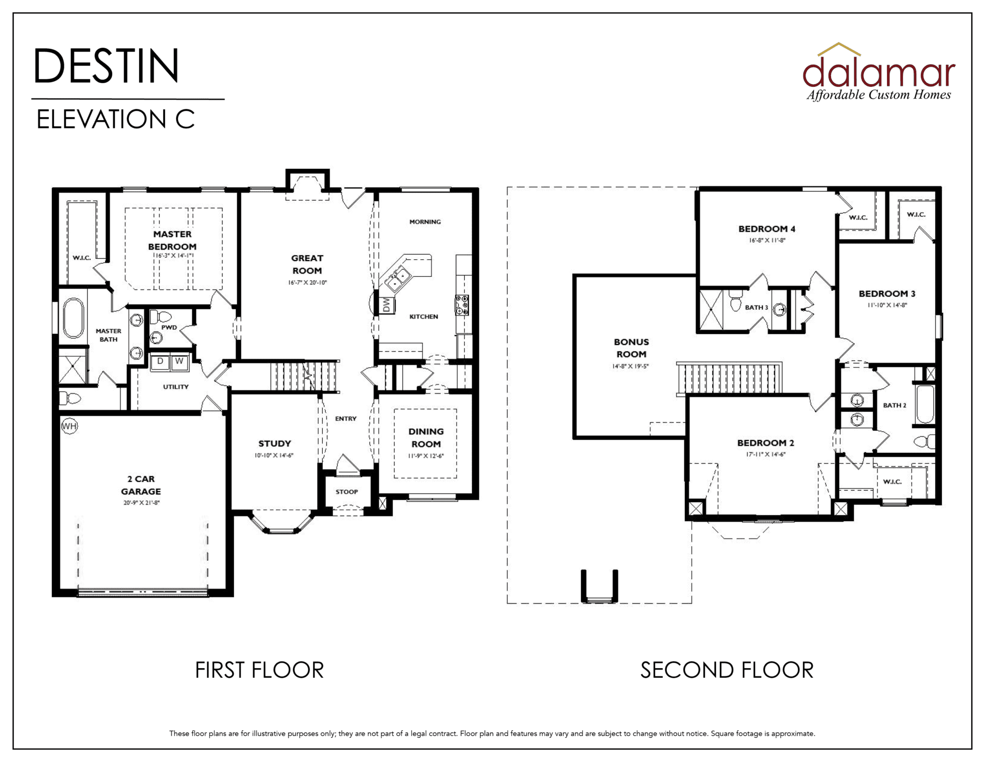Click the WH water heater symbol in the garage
coord(69,426)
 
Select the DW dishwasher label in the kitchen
coord(386,305)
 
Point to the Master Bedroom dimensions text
coord(172,255)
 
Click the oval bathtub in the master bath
coord(73,318)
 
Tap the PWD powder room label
coord(169,328)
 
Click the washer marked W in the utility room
coord(179,361)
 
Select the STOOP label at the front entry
coord(347,492)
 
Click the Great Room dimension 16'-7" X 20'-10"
coord(307,283)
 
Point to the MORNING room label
coord(425,222)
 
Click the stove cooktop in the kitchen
coord(462,305)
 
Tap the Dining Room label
coord(426,438)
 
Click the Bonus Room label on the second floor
coord(631,348)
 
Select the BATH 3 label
coord(756,308)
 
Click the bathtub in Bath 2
coord(924,405)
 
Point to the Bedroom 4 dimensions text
coord(767,240)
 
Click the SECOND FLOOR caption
coord(726,670)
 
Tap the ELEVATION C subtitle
coord(115,120)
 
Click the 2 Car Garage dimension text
coord(141,503)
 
